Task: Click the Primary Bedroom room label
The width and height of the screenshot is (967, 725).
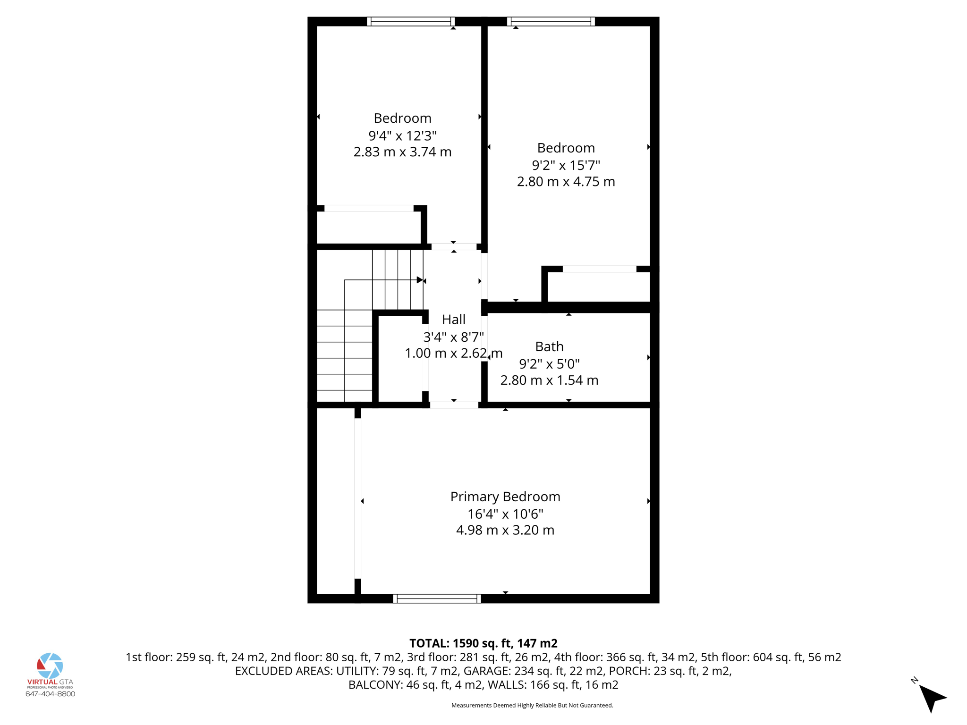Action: (x=505, y=497)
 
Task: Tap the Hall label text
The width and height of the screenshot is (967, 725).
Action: (x=453, y=320)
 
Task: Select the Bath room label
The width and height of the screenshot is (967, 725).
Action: (x=549, y=346)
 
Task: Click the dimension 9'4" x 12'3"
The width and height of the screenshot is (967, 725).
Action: (x=402, y=135)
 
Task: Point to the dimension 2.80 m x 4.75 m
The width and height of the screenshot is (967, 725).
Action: (x=566, y=182)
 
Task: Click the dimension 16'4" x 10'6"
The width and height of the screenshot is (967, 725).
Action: (x=505, y=514)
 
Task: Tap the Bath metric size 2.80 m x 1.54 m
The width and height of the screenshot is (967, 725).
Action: (x=549, y=380)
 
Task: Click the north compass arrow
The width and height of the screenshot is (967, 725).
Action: (x=932, y=697)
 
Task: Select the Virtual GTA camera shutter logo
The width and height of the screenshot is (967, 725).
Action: (x=50, y=666)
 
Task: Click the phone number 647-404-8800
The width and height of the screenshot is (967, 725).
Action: (x=50, y=694)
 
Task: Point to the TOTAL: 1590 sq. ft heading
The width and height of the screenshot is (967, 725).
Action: (x=483, y=643)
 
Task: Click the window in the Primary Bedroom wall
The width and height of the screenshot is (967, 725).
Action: (x=437, y=599)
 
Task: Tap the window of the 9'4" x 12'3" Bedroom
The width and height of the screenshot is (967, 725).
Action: (x=410, y=21)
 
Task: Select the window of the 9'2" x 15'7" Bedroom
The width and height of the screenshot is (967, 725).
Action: (x=551, y=21)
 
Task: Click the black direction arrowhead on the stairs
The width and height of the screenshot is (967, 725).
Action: (x=419, y=280)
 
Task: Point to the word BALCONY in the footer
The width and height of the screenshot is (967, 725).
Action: (x=375, y=685)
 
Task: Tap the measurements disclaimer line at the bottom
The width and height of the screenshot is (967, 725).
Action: (x=532, y=706)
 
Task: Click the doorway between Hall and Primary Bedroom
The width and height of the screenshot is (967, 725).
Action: (x=454, y=405)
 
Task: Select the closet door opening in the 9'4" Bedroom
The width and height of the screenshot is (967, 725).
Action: (x=369, y=208)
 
